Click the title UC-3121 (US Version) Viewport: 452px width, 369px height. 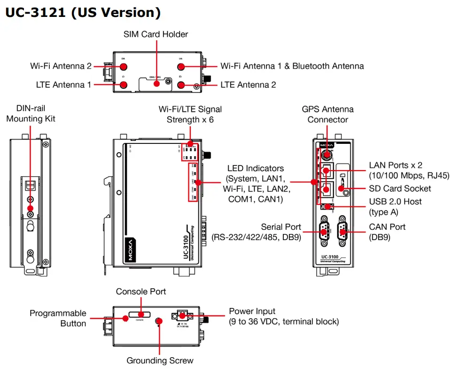pos(83,13)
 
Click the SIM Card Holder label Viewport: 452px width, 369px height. pos(156,34)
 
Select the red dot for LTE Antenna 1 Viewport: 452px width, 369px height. pos(124,85)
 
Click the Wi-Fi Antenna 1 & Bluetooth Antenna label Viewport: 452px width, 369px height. pos(292,66)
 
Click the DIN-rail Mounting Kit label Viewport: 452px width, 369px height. pos(31,113)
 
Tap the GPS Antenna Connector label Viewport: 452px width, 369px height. pos(327,114)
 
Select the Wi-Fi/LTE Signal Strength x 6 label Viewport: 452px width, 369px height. pos(190,114)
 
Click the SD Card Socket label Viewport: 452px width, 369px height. pos(400,188)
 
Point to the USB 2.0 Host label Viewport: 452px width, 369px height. pos(395,206)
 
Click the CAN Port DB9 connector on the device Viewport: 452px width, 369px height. pos(343,231)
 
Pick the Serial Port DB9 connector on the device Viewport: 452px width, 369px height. pos(324,231)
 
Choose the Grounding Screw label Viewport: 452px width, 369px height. pos(160,361)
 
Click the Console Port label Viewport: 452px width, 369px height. pos(141,291)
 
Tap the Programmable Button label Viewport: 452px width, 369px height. pos(58,318)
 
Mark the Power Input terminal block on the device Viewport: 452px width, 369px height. pos(183,315)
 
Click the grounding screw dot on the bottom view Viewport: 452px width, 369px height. pos(159,322)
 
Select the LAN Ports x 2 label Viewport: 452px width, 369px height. pos(409,170)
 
